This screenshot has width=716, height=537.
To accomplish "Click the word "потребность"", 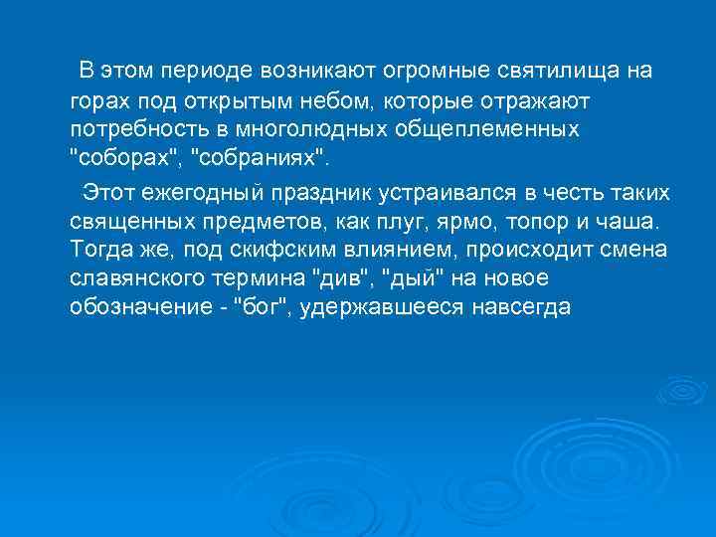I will click(131, 131).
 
